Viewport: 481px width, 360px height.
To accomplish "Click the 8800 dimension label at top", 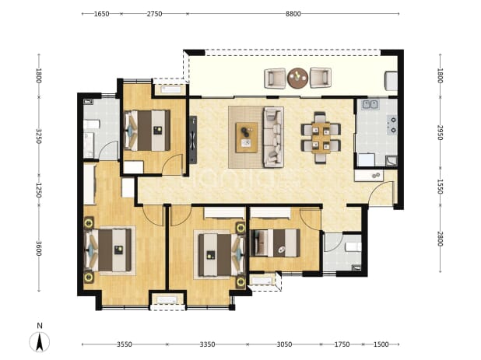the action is pyautogui.click(x=293, y=14).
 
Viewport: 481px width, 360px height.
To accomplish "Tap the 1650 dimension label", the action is pyautogui.click(x=101, y=14).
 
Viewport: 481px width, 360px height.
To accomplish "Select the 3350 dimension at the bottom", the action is pyautogui.click(x=207, y=344).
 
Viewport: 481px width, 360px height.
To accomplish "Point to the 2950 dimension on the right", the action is pyautogui.click(x=441, y=132).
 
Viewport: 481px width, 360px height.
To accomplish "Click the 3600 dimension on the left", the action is pyautogui.click(x=39, y=249).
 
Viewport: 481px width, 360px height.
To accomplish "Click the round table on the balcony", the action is pyautogui.click(x=297, y=78).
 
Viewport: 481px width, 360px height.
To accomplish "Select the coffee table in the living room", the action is pyautogui.click(x=246, y=138).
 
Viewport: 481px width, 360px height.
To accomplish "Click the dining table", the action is pyautogui.click(x=321, y=138).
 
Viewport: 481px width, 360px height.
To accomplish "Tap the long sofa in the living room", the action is pyautogui.click(x=273, y=137).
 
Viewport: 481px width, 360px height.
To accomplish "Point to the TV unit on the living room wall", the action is pyautogui.click(x=193, y=140).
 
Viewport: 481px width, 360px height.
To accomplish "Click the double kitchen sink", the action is pyautogui.click(x=370, y=104).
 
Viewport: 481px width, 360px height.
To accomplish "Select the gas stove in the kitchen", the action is pyautogui.click(x=392, y=125).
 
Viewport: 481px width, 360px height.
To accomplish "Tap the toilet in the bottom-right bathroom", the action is pyautogui.click(x=353, y=247).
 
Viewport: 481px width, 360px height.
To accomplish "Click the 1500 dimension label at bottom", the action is pyautogui.click(x=381, y=344).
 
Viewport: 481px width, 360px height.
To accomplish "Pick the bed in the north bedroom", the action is pyautogui.click(x=147, y=130).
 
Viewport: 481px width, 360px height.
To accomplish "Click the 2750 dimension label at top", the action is pyautogui.click(x=154, y=14).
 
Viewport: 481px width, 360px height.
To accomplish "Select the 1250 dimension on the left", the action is pyautogui.click(x=39, y=190).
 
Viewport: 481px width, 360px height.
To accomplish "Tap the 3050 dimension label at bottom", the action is pyautogui.click(x=284, y=344).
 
